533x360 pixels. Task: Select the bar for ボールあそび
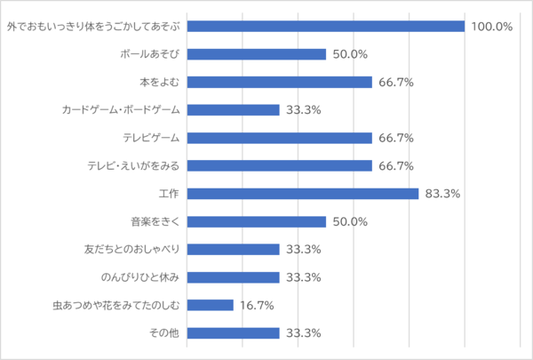(257, 54)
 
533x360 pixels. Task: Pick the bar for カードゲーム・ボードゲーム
(234, 110)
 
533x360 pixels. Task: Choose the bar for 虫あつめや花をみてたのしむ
(211, 305)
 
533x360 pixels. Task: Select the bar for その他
(234, 333)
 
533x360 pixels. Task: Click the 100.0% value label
(492, 26)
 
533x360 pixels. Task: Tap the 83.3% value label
(442, 194)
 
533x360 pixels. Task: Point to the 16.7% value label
(256, 305)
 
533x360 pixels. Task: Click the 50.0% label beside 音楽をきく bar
(350, 221)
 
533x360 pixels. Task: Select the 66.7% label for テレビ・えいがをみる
(395, 165)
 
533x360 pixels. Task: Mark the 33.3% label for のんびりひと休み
(303, 277)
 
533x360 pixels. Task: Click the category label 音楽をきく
(155, 221)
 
